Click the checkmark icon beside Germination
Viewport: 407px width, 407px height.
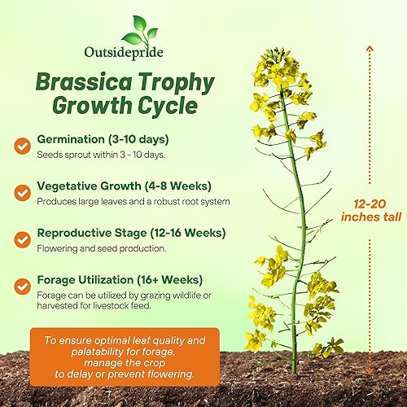tap(23, 145)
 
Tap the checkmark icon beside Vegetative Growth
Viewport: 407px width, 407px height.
tap(23, 193)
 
